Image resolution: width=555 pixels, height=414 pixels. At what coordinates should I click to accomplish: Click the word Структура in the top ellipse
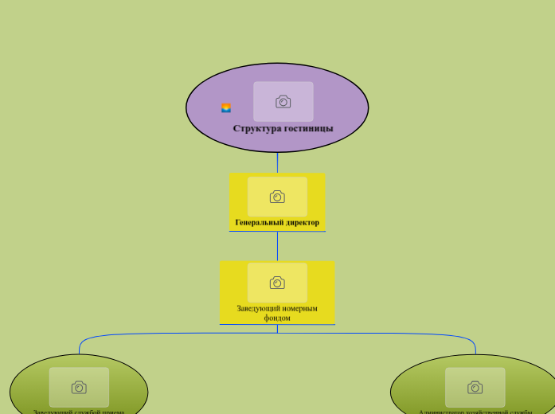click(257, 128)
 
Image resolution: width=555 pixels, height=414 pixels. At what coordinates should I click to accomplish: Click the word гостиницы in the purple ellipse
click(309, 128)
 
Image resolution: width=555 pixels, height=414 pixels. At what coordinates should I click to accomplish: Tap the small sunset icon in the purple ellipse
click(226, 108)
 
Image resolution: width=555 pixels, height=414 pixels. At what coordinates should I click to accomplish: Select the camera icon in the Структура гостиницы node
click(283, 101)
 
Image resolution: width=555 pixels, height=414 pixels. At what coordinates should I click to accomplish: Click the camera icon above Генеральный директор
click(277, 197)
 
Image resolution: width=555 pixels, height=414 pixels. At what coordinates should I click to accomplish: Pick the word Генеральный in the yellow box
click(260, 222)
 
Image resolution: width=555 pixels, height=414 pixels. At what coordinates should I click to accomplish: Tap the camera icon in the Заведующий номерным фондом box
click(277, 283)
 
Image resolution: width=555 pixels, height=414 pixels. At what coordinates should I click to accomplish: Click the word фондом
click(277, 318)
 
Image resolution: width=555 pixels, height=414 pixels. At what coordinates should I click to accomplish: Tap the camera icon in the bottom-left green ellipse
click(79, 387)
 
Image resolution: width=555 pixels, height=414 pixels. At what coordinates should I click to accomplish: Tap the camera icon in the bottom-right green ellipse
click(475, 387)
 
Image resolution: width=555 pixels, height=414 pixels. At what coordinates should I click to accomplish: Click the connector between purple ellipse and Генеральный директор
click(277, 162)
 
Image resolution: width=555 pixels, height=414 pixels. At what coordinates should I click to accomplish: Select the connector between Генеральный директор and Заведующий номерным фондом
click(277, 246)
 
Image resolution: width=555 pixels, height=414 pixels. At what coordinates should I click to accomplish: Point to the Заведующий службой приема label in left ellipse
click(79, 411)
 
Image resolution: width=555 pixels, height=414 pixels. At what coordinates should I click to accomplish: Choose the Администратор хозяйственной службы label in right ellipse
click(475, 411)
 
